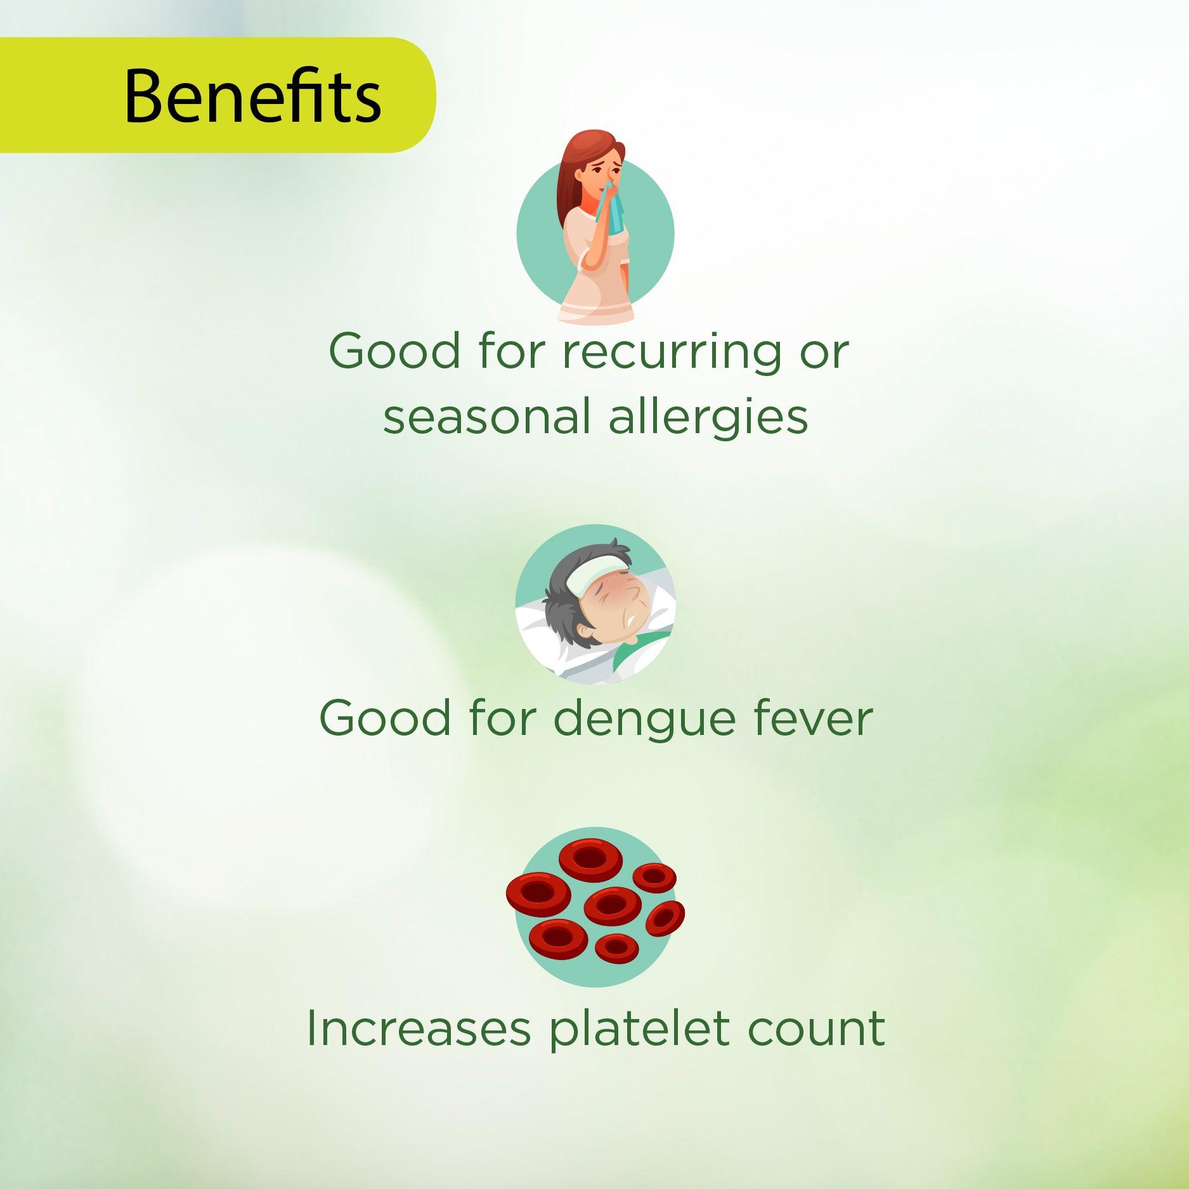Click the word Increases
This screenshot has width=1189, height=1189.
[x=418, y=1029]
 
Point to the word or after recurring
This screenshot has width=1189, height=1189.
[x=824, y=356]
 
